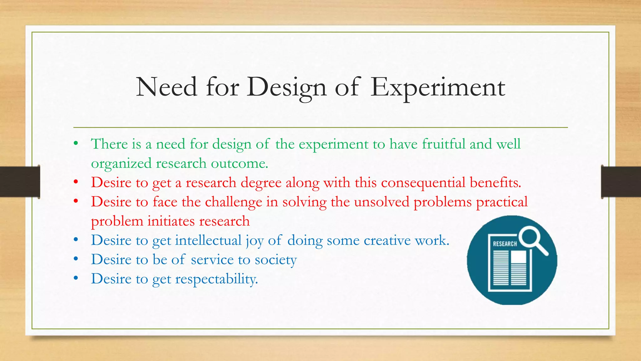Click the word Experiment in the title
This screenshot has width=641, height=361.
click(438, 87)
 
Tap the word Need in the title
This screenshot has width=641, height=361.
click(167, 87)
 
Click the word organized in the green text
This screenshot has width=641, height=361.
click(121, 164)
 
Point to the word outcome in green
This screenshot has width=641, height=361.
click(239, 164)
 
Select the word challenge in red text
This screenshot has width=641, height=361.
click(233, 202)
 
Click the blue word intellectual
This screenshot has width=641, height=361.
click(208, 241)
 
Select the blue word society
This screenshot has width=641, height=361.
click(275, 260)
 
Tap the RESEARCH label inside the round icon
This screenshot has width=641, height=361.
click(505, 244)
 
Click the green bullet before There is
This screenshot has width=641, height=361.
click(76, 144)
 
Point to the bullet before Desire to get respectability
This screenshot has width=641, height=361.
click(76, 278)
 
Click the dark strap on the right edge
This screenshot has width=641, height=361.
click(621, 182)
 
